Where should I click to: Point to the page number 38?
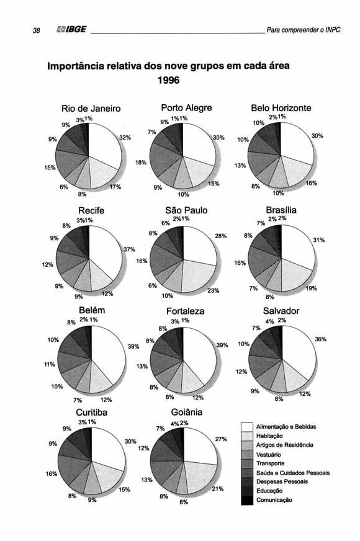[36, 30]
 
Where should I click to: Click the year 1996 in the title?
[168, 81]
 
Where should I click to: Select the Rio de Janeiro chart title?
[91, 109]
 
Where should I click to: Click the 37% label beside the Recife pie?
[129, 249]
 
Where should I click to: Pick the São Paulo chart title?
[186, 210]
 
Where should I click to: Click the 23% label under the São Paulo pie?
[214, 290]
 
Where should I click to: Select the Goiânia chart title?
[187, 413]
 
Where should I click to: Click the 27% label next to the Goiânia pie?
[221, 439]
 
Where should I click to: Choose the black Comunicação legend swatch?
[247, 500]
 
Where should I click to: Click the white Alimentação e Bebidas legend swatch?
[247, 427]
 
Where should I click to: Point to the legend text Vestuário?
[269, 455]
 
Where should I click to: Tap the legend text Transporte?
[270, 463]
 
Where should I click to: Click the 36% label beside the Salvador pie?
[321, 339]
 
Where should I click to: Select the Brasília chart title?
[281, 210]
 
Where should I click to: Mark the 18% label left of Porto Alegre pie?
[141, 162]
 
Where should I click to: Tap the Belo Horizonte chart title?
[281, 108]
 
